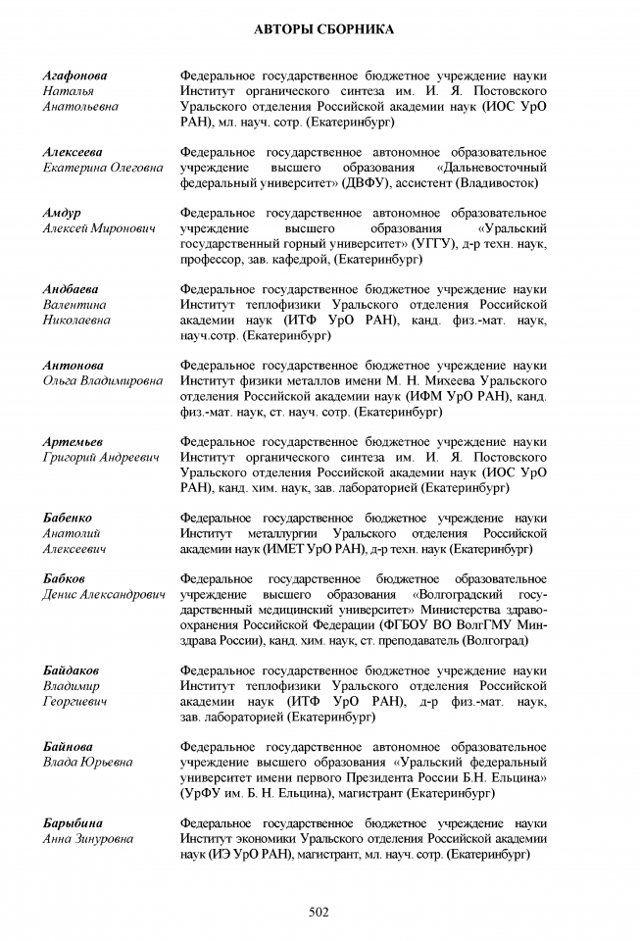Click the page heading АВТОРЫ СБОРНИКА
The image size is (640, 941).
(319, 30)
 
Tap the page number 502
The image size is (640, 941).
(319, 912)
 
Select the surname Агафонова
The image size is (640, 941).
(75, 75)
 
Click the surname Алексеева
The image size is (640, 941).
(73, 152)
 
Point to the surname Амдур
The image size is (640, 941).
(62, 213)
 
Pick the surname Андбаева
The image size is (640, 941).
(72, 289)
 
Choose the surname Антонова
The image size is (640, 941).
(71, 366)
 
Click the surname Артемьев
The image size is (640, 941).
(73, 442)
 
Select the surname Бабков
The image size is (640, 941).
(64, 579)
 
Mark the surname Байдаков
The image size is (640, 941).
(71, 670)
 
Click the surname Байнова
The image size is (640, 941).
(68, 747)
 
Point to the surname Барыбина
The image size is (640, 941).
(73, 823)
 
